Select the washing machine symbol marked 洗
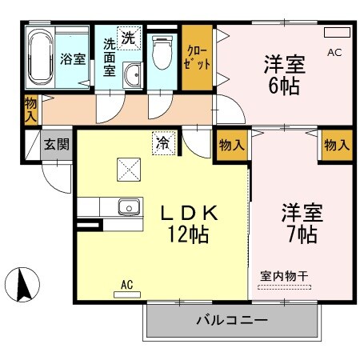point(127,37)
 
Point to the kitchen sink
point(129,207)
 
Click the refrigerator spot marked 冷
point(162,144)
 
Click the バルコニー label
point(231,322)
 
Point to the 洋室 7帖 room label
point(299,224)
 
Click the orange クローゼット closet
point(197,58)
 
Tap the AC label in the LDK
point(126,284)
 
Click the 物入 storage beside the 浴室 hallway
point(30,109)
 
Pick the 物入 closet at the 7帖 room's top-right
point(337,145)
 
